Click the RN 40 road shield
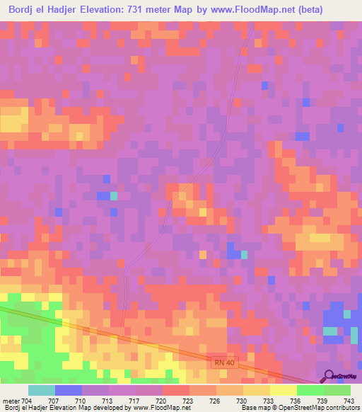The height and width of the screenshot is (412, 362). [223, 362]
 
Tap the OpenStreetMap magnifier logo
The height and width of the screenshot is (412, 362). [329, 376]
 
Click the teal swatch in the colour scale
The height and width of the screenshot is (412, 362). [41, 389]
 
